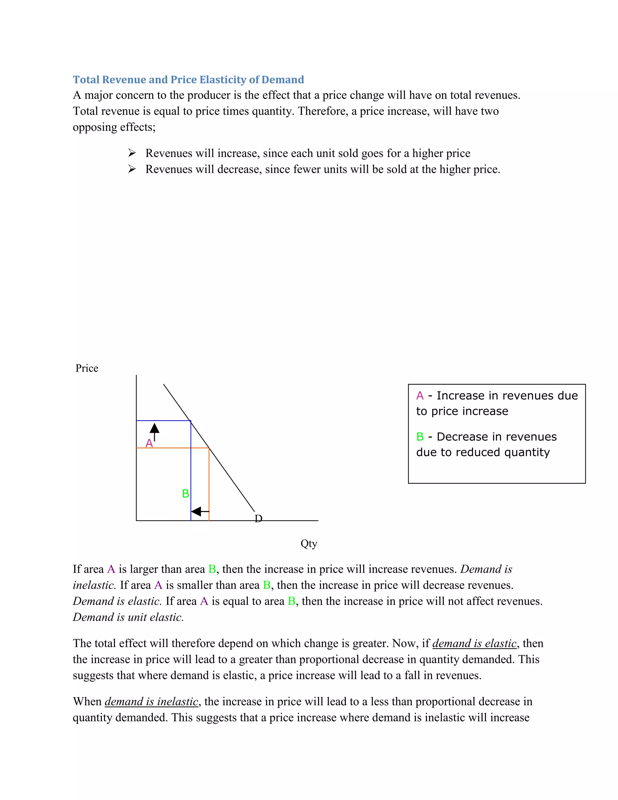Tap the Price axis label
point(87,368)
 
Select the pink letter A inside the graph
point(149,443)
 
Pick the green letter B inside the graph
point(186,494)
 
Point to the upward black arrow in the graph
point(154,431)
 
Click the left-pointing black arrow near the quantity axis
point(200,511)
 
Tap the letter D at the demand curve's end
point(259,519)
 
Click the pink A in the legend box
point(420,395)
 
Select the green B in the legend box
point(420,437)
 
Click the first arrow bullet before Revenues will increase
point(132,153)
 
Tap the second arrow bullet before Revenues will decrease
point(132,169)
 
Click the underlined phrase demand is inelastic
point(151,702)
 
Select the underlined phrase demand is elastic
point(474,643)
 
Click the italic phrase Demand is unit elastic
point(128,617)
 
